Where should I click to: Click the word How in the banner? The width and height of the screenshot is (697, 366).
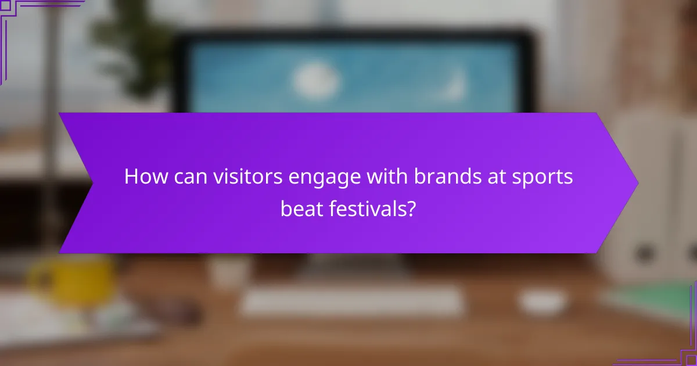(x=142, y=177)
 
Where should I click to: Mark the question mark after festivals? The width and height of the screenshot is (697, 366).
(x=411, y=208)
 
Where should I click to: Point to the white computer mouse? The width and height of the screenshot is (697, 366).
(x=542, y=301)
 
